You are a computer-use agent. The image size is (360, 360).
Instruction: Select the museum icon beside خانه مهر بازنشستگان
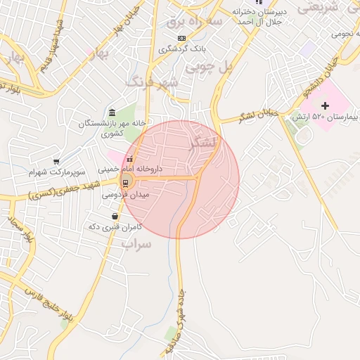click(x=112, y=112)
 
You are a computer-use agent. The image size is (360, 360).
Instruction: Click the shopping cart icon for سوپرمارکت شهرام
click(x=56, y=162)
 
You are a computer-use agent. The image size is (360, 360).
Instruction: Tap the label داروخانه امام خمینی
click(x=130, y=169)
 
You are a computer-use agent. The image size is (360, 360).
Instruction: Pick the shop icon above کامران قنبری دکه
click(x=115, y=216)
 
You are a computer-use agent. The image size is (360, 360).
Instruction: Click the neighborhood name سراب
click(x=137, y=245)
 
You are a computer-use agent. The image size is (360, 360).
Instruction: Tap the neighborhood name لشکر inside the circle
click(x=204, y=143)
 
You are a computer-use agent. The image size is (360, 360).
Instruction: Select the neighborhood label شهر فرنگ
click(x=153, y=83)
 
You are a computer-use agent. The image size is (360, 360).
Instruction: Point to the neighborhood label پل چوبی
click(x=207, y=68)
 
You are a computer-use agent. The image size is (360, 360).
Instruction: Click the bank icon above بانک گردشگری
click(x=182, y=38)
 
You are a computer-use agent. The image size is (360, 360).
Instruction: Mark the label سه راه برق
click(x=194, y=22)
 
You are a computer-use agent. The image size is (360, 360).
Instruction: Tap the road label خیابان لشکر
click(x=258, y=112)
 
